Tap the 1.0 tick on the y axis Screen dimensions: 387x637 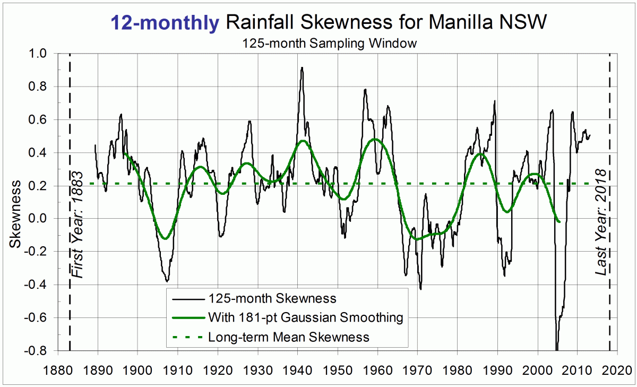pos(38,54)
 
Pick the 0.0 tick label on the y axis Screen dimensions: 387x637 pos(38,219)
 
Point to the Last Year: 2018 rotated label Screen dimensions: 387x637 pos(601,222)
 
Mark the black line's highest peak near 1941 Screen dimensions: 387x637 pos(302,67)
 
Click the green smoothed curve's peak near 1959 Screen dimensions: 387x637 pos(375,139)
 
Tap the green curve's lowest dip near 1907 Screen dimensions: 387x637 pos(166,239)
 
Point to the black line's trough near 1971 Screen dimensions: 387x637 pos(420,289)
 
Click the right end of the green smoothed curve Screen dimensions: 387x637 pos(559,221)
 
